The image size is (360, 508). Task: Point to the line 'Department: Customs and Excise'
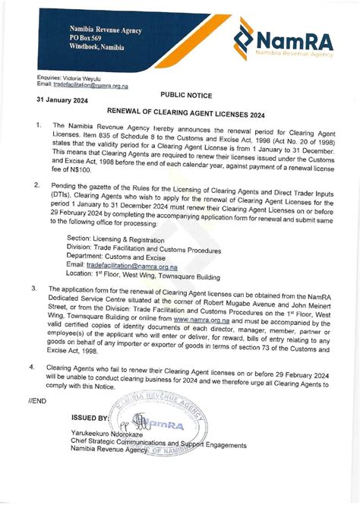[126, 257]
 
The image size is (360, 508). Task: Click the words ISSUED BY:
[90, 418]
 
